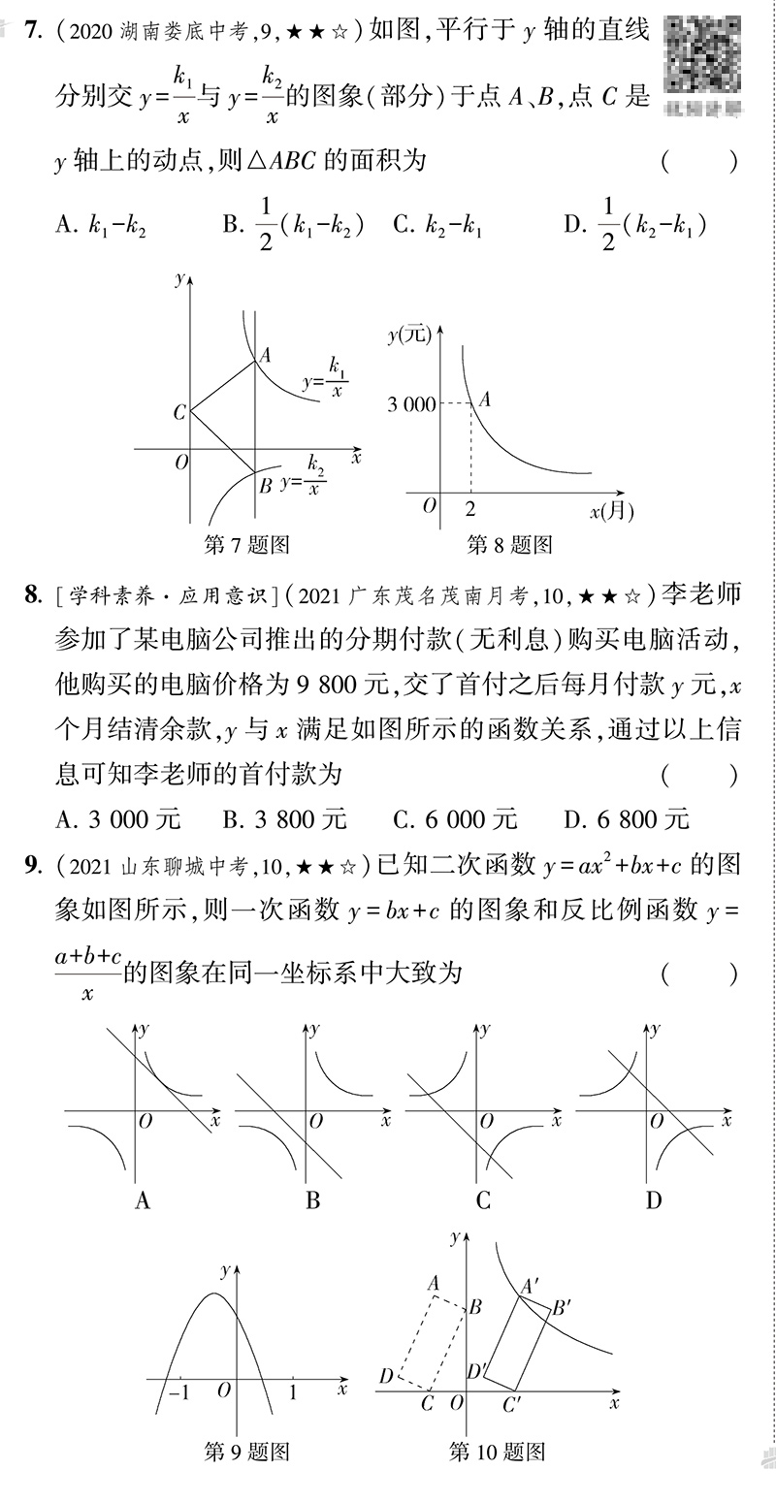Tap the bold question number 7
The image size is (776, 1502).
pyautogui.click(x=31, y=31)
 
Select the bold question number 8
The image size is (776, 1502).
pyautogui.click(x=31, y=594)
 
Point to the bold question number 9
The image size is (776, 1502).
pyautogui.click(x=31, y=865)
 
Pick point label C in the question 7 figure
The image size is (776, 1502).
pyautogui.click(x=179, y=413)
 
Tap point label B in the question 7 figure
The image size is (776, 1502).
pyautogui.click(x=265, y=485)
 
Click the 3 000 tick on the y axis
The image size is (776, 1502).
pyautogui.click(x=412, y=404)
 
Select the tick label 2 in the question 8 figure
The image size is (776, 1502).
pyautogui.click(x=470, y=508)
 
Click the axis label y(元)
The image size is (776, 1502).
pyautogui.click(x=407, y=336)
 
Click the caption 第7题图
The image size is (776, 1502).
pyautogui.click(x=247, y=545)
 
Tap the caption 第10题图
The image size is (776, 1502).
pyautogui.click(x=498, y=1451)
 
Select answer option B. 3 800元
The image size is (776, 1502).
pyautogui.click(x=284, y=819)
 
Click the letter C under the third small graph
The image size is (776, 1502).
pyautogui.click(x=483, y=1200)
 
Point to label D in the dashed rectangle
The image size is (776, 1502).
pyautogui.click(x=386, y=1375)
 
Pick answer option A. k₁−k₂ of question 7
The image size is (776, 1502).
pyautogui.click(x=101, y=226)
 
